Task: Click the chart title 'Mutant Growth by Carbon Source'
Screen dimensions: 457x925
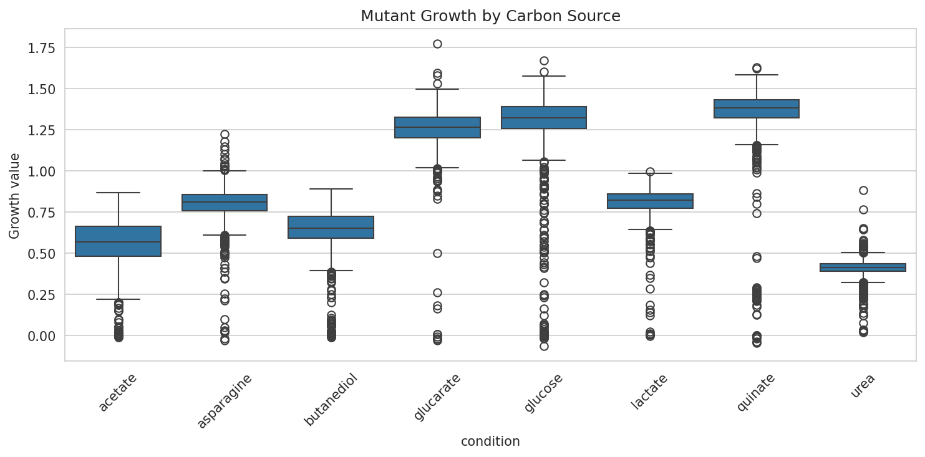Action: tap(490, 17)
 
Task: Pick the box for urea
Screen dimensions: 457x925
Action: tap(863, 267)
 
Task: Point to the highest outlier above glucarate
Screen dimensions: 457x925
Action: tap(437, 44)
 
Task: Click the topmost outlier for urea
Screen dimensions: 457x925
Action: tap(863, 191)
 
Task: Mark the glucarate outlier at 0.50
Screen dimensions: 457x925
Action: tap(437, 253)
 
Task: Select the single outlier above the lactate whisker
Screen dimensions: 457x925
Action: tap(650, 171)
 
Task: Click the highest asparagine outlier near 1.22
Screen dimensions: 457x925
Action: tap(225, 135)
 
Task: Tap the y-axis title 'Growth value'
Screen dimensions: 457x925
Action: tap(14, 196)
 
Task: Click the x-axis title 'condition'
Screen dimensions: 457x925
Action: tap(490, 441)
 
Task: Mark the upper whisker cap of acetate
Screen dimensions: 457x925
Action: tap(119, 193)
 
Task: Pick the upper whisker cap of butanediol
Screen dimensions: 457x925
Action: tap(331, 189)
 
